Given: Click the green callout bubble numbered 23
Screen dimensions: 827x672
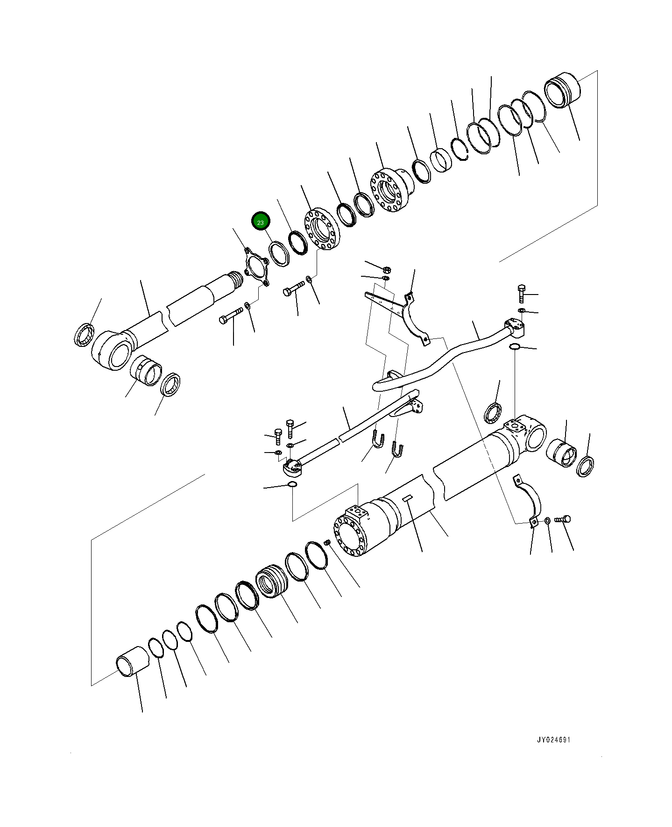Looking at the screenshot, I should click(x=260, y=222).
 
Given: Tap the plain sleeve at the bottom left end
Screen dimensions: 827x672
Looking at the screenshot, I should click(x=131, y=661).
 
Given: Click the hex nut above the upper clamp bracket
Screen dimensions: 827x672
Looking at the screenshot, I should click(x=387, y=269).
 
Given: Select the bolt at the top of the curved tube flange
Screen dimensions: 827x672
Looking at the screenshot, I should click(x=522, y=293).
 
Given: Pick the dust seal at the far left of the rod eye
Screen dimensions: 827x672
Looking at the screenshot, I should click(x=85, y=335).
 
